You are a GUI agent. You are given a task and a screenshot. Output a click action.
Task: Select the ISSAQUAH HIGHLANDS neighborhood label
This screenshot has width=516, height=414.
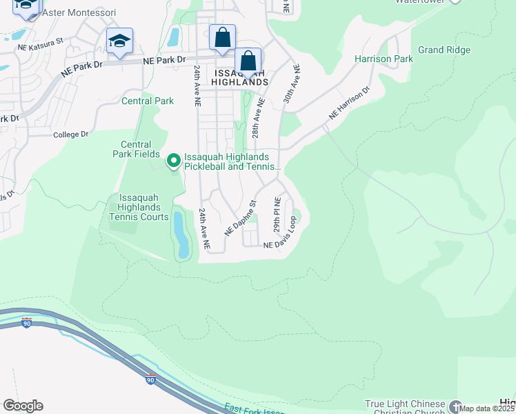click(x=241, y=77)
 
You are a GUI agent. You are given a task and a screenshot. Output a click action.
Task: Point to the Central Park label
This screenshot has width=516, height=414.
click(x=148, y=101)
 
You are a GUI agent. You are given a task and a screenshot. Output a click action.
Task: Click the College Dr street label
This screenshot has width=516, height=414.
click(x=71, y=135)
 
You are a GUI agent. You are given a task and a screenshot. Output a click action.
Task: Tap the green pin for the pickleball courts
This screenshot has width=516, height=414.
click(x=173, y=161)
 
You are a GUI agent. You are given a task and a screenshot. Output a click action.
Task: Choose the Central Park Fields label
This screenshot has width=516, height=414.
click(x=136, y=149)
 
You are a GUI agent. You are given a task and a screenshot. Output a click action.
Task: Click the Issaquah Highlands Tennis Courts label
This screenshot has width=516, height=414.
click(x=139, y=207)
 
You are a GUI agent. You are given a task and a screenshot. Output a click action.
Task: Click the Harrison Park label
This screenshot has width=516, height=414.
click(x=384, y=59)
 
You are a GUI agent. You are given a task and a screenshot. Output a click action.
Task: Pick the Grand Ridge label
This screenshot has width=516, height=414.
click(x=444, y=50)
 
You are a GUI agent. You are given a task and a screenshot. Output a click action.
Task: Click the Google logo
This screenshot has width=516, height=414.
click(x=23, y=406)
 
